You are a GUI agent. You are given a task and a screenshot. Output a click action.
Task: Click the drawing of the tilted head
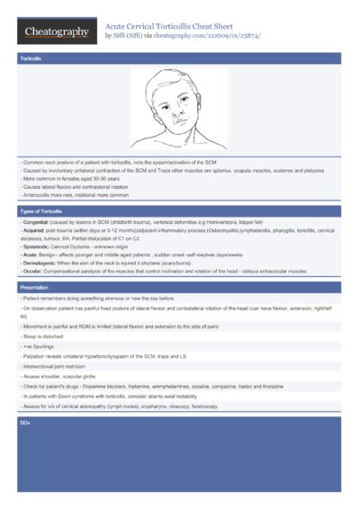[179, 110]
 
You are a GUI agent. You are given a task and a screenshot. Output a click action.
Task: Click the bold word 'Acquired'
[35, 230]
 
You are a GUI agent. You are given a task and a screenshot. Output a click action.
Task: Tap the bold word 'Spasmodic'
[38, 246]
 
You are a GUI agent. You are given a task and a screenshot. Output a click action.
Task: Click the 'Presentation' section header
[35, 287]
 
